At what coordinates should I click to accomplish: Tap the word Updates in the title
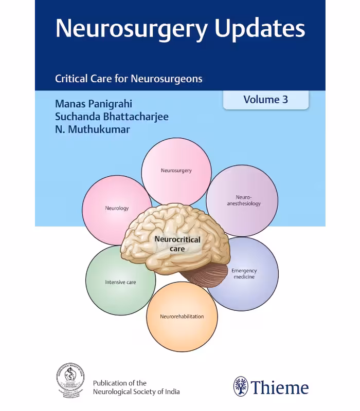pos(260,29)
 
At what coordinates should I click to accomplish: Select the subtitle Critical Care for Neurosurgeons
pos(129,79)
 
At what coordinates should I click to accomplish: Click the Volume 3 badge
pos(265,100)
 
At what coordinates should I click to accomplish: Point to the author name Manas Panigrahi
pos(94,103)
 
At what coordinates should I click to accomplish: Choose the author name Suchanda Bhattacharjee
pos(112,117)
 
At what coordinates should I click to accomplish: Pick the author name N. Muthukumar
pos(93,129)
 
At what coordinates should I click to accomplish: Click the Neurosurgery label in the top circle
pos(176,171)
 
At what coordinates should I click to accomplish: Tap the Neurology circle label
pos(117,208)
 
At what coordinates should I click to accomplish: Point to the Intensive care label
pos(120,282)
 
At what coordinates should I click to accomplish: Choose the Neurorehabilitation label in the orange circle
pos(182,316)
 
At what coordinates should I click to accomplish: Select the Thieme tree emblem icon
pos(241,386)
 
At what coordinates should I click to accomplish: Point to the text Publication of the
pos(119,383)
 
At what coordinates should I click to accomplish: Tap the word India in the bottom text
pos(170,392)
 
